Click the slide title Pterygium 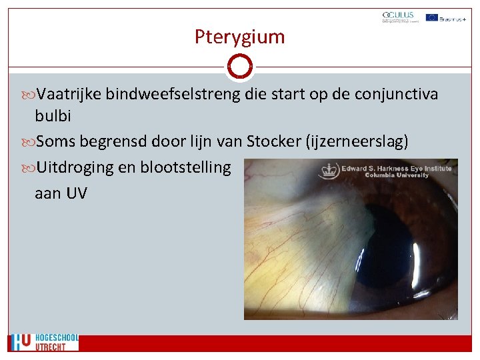point(239,37)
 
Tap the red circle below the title point(239,67)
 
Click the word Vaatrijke point(69,95)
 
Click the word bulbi point(53,115)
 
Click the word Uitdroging point(75,167)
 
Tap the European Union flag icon point(432,17)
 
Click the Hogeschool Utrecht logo point(44,342)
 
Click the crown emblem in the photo point(328,171)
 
